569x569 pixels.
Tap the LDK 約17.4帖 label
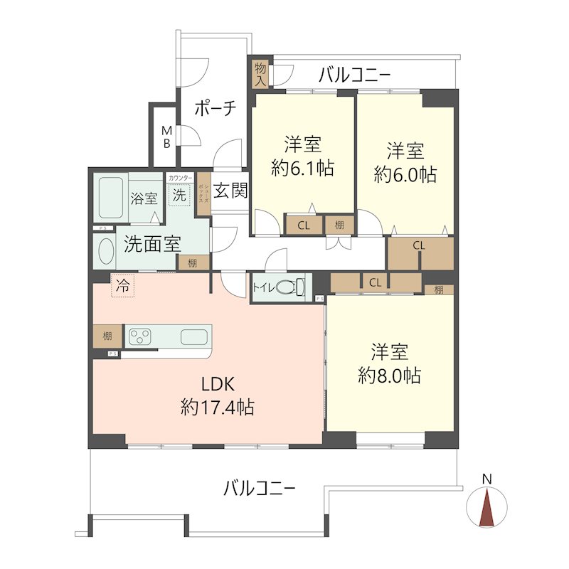tap(217, 395)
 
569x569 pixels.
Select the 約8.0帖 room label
tap(389, 375)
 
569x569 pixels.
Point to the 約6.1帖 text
tap(302, 169)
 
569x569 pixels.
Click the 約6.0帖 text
tap(405, 173)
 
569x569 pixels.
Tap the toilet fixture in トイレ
tap(290, 288)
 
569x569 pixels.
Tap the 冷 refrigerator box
tap(122, 287)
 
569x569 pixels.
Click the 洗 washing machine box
tap(178, 194)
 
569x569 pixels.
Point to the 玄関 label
tap(229, 191)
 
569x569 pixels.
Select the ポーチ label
tap(214, 109)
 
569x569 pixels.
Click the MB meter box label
tap(166, 137)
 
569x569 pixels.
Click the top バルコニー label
tap(354, 74)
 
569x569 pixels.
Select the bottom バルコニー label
tap(259, 489)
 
